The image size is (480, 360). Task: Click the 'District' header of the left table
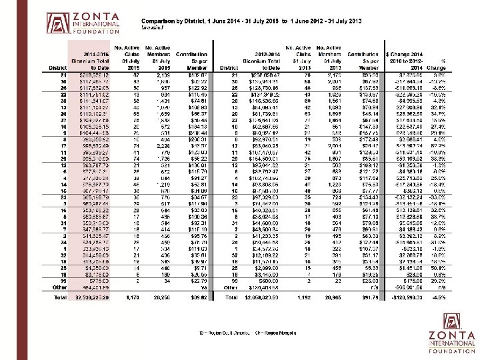tap(59, 67)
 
